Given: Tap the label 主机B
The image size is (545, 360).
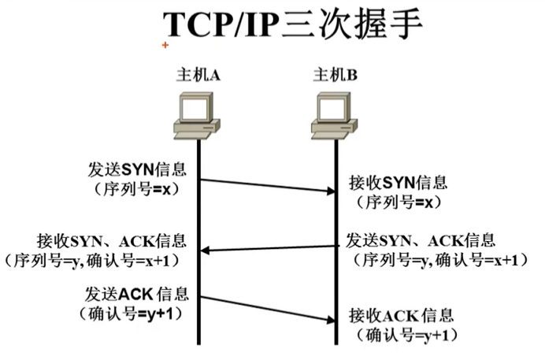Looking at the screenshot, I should [336, 75].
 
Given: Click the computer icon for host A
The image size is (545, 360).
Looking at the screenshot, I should [197, 117].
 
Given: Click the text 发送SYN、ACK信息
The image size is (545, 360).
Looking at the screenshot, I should [421, 239].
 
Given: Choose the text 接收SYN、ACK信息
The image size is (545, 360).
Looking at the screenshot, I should [111, 240].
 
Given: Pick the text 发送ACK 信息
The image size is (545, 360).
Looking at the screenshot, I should [134, 295].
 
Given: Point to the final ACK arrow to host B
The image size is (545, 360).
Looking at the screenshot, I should [266, 308].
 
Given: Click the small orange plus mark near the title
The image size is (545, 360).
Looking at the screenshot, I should [165, 46].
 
